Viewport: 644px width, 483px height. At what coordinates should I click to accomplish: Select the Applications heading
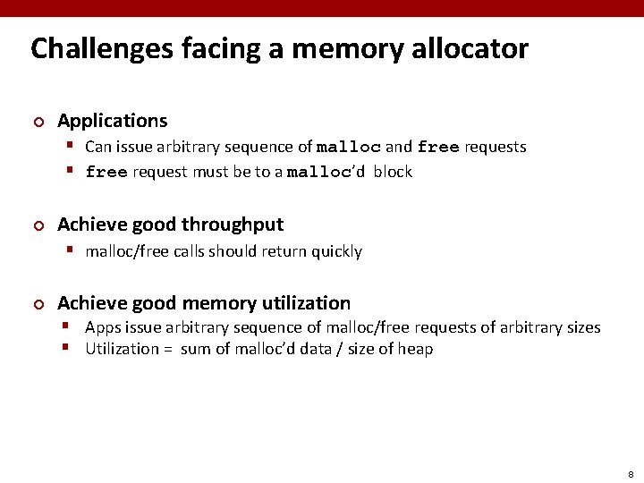pos(113,120)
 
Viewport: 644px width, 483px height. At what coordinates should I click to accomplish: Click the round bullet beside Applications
pos(38,121)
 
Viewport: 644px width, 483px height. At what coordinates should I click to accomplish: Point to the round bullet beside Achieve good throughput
pos(38,225)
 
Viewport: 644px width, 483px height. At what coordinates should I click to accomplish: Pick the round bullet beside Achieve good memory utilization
pos(38,304)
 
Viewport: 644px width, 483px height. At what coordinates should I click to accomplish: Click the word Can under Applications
pos(98,147)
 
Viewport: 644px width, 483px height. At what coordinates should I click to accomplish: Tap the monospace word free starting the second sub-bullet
pos(106,172)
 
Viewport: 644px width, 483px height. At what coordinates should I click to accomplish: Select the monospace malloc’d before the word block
pos(326,172)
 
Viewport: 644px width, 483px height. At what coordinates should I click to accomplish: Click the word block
pos(393,172)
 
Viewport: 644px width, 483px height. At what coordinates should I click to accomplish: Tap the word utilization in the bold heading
pos(307,303)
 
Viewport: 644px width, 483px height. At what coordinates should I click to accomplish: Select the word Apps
pos(102,328)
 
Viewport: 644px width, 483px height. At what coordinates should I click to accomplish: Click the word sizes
pos(581,327)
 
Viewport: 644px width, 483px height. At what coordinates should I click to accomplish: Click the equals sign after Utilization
pos(167,350)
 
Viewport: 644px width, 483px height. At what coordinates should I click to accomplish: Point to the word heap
pos(416,350)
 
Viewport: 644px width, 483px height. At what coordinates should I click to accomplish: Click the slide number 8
pos(631,473)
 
